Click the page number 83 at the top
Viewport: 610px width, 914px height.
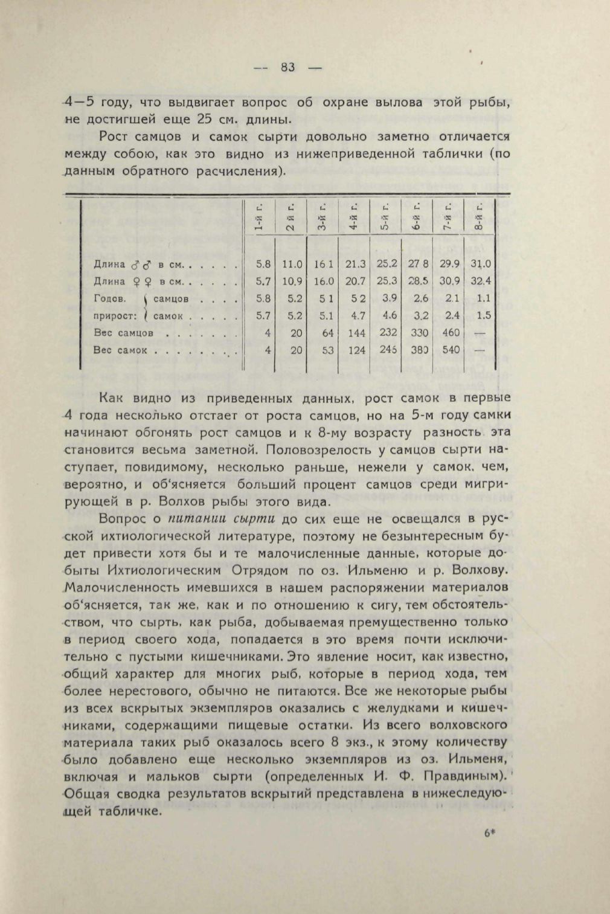click(287, 67)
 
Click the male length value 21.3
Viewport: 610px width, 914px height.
click(355, 263)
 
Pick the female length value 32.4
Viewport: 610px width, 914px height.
click(481, 281)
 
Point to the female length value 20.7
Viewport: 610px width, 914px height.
click(355, 281)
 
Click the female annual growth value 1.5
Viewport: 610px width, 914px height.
click(483, 315)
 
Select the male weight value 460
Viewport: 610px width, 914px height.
click(451, 332)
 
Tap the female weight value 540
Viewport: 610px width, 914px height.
click(451, 350)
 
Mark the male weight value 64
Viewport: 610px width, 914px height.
click(327, 332)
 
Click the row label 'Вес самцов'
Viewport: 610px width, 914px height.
click(123, 333)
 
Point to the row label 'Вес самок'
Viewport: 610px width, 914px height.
click(121, 350)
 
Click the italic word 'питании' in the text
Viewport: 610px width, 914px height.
click(194, 518)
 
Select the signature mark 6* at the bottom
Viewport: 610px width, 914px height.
click(489, 832)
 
